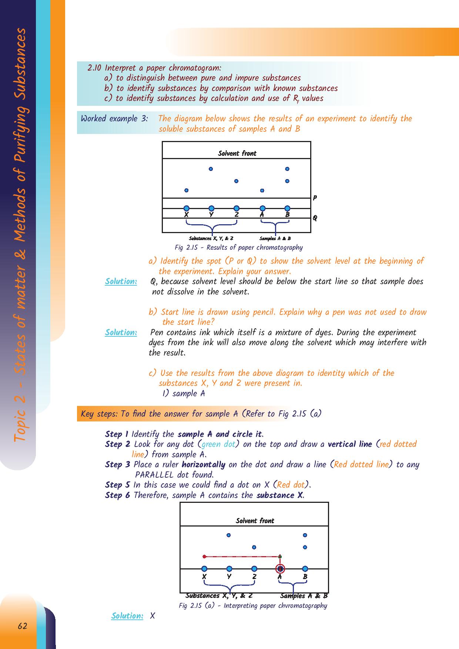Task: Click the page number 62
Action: [23, 626]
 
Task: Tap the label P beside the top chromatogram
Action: [315, 198]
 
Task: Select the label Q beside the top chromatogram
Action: [315, 218]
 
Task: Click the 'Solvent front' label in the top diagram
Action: [237, 153]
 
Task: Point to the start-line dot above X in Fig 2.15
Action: [187, 208]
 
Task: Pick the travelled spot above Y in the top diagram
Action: [211, 169]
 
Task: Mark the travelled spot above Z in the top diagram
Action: [236, 181]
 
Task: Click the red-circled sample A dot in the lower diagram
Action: [280, 569]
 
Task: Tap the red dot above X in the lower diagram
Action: [204, 556]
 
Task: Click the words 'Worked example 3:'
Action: [114, 119]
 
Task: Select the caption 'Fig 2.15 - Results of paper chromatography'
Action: [238, 248]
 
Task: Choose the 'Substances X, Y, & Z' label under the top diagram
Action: [211, 239]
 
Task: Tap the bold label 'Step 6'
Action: [117, 495]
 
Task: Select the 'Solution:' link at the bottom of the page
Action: [127, 616]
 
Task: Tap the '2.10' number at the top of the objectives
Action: [94, 68]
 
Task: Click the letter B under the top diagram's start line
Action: [288, 215]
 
